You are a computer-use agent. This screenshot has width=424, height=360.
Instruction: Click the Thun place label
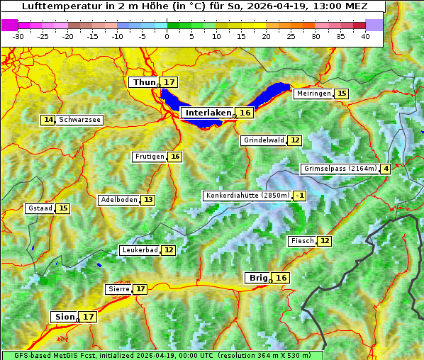pyautogui.click(x=144, y=83)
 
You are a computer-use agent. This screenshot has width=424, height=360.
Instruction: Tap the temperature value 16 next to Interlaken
pyautogui.click(x=245, y=113)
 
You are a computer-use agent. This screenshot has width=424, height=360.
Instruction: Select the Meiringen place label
pyautogui.click(x=313, y=94)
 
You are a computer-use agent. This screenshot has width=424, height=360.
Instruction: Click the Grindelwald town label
pyautogui.click(x=263, y=140)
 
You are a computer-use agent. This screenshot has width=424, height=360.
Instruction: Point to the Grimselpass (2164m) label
pyautogui.click(x=340, y=169)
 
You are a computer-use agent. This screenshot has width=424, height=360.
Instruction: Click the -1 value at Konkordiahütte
pyautogui.click(x=300, y=196)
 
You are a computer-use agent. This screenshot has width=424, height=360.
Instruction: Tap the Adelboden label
pyautogui.click(x=118, y=200)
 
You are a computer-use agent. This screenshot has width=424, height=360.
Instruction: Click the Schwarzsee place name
pyautogui.click(x=80, y=120)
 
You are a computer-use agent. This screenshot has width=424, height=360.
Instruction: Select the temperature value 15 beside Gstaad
pyautogui.click(x=63, y=208)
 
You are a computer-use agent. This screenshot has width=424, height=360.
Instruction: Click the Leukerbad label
pyautogui.click(x=138, y=250)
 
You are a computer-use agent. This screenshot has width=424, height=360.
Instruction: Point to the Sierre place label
pyautogui.click(x=118, y=289)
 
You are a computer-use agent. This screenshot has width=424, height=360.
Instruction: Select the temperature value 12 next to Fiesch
pyautogui.click(x=324, y=241)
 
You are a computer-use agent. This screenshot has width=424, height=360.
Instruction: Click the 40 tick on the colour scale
pyautogui.click(x=365, y=36)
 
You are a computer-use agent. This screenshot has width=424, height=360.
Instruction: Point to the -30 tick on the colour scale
pyautogui.click(x=18, y=36)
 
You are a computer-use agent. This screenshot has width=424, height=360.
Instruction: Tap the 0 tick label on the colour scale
pyautogui.click(x=167, y=36)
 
